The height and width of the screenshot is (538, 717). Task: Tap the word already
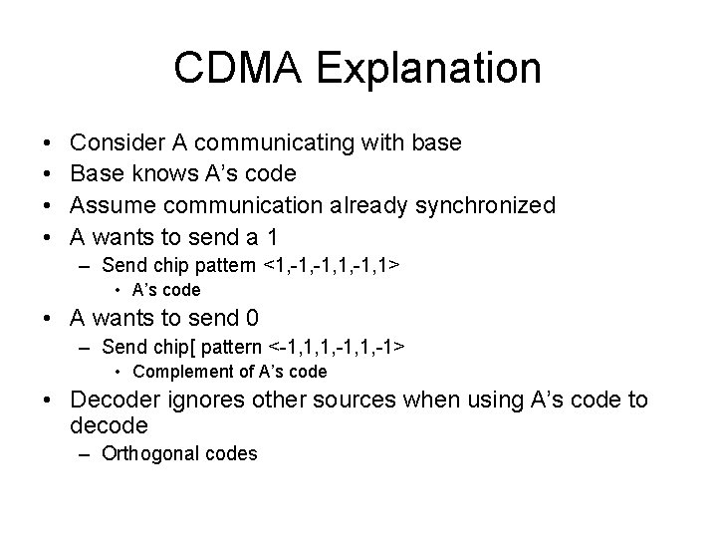click(x=362, y=205)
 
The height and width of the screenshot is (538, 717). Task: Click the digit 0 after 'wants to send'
click(x=252, y=319)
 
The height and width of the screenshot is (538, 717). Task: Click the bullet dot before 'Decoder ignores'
click(x=49, y=401)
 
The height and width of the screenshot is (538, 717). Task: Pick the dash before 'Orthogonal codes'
click(x=88, y=454)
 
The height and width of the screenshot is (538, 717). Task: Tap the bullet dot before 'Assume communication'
click(x=49, y=205)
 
